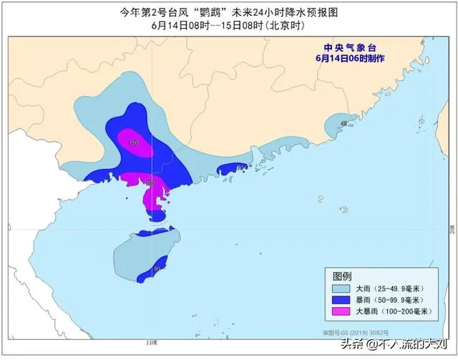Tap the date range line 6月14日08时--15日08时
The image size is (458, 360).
pyautogui.click(x=228, y=25)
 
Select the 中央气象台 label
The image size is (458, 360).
pyautogui.click(x=347, y=48)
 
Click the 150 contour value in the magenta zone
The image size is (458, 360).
pyautogui.click(x=133, y=144)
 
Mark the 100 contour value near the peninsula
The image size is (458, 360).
pyautogui.click(x=150, y=183)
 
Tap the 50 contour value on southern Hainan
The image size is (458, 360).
pyautogui.click(x=156, y=268)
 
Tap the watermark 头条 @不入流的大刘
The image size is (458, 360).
pyautogui.click(x=397, y=346)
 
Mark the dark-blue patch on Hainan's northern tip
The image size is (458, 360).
pyautogui.click(x=150, y=233)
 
